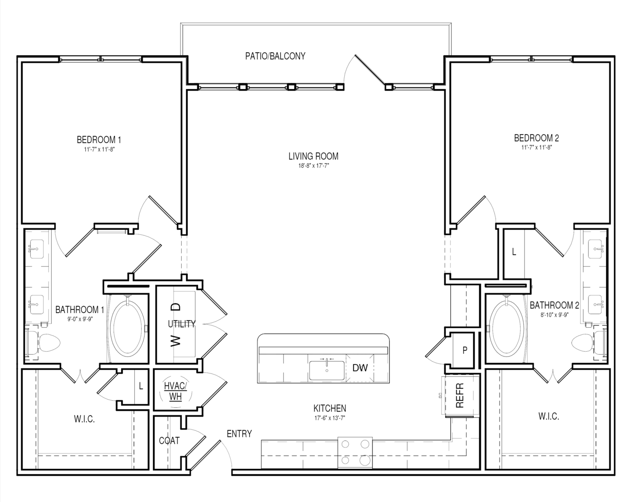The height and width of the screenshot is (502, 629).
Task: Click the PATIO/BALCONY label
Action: coord(275,56)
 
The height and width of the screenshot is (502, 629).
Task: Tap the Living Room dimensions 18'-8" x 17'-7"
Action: coord(314,166)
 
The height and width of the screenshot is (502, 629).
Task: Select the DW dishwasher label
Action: coord(360,368)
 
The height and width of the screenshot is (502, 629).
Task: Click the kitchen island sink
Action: coord(327,370)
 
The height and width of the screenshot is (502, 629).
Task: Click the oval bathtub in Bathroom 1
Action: coord(128,328)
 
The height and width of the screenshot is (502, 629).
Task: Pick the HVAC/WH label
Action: coord(175,391)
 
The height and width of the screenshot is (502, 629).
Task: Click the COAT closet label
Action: coord(169,441)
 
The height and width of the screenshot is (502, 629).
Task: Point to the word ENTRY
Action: coord(239,434)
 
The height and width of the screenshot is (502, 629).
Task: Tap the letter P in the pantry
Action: coord(465,350)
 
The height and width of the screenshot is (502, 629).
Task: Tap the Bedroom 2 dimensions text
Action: coord(536,147)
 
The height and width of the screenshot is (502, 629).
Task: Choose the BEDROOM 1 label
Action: coord(99,140)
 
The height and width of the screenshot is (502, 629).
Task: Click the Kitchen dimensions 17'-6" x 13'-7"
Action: coord(330,418)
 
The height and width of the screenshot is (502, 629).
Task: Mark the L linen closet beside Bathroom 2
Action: coord(514,252)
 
